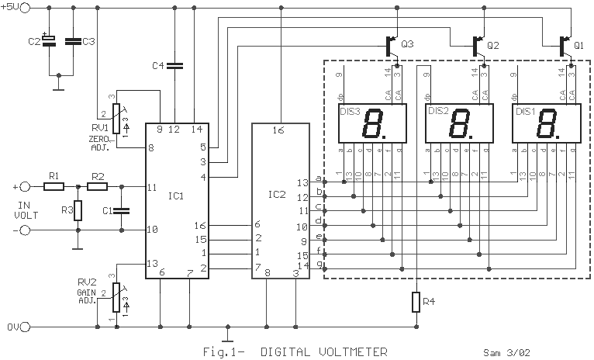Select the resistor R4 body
click(x=416, y=301)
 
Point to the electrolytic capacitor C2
click(x=48, y=41)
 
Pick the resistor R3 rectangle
click(x=78, y=210)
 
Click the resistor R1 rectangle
click(x=54, y=187)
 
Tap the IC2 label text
click(x=276, y=193)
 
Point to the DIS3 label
click(x=349, y=112)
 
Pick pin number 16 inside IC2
click(x=276, y=131)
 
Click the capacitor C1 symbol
click(x=123, y=209)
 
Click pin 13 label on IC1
click(x=153, y=264)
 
